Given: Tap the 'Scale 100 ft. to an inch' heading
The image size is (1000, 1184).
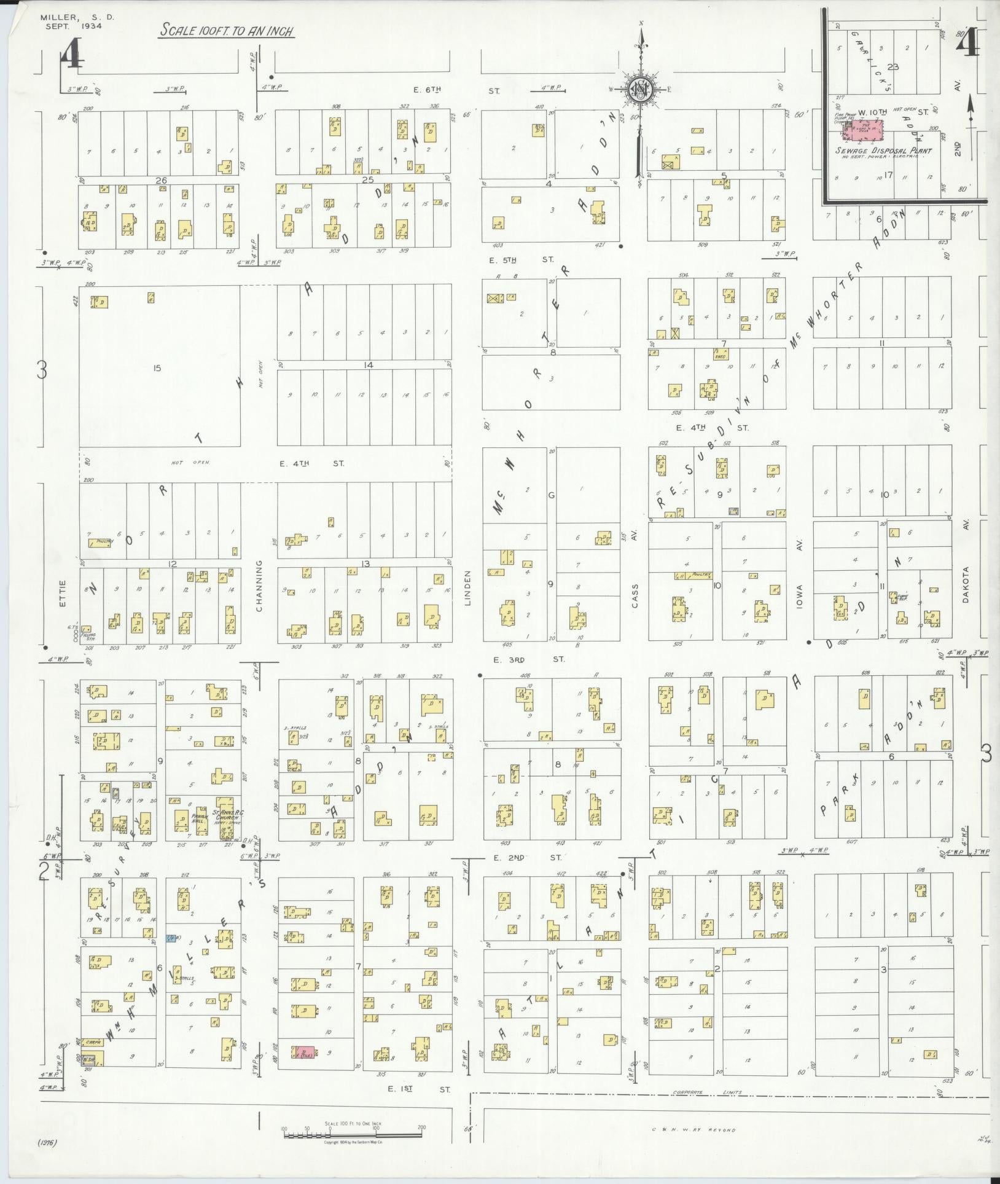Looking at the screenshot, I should (x=225, y=30).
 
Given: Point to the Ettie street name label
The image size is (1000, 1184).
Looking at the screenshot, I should (x=62, y=594).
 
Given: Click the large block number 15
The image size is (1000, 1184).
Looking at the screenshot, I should (x=157, y=368).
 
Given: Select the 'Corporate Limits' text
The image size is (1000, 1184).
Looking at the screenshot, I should (x=706, y=1092).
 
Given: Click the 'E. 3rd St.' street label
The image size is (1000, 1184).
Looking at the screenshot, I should (x=528, y=659).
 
